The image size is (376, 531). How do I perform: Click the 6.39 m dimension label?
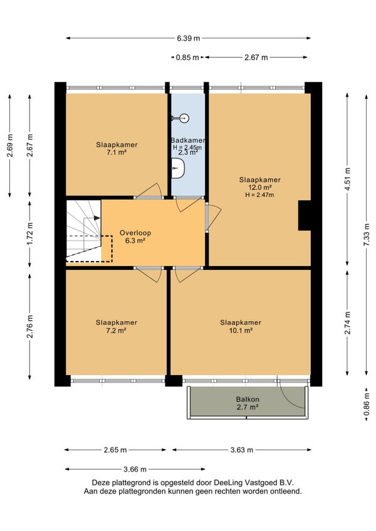188,38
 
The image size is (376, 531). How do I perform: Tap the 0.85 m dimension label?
187,58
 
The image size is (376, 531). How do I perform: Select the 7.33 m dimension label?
367,235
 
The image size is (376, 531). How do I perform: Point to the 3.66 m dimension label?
135,470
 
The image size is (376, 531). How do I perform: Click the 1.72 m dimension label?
30,234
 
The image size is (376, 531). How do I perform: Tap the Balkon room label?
248,400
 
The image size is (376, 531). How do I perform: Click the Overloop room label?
135,233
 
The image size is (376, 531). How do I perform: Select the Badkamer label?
188,140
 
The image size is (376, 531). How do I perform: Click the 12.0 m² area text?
260,187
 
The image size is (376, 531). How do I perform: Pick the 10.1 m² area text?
241,331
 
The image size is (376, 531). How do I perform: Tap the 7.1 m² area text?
117,152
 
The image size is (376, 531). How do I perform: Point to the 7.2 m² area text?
117,331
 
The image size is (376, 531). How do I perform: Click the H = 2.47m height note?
259,195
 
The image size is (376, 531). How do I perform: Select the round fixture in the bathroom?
184,118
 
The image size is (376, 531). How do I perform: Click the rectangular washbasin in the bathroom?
177,168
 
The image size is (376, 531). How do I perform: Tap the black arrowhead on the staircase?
97,218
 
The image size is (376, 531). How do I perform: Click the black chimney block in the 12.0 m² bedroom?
305,215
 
